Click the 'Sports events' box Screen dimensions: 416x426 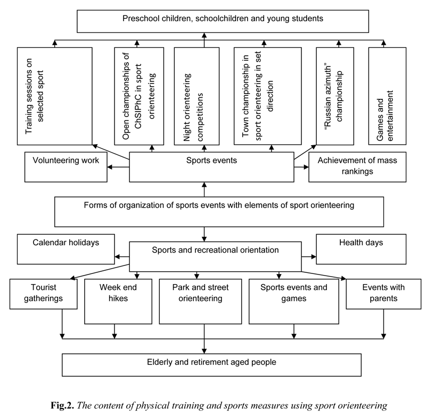(211, 167)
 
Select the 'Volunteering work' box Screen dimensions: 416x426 (65, 167)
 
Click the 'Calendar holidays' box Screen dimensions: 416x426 (66, 248)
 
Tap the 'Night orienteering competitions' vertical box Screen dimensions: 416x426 (196, 96)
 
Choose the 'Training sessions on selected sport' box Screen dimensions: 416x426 (54, 96)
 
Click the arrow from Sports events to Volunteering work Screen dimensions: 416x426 (118, 167)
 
